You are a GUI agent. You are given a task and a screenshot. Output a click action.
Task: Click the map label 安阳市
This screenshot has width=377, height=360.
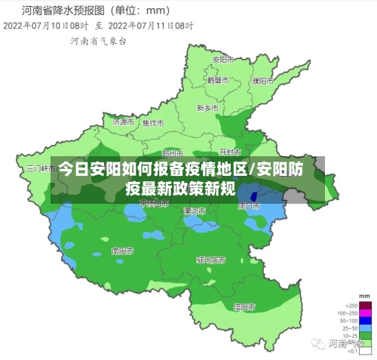click(221, 59)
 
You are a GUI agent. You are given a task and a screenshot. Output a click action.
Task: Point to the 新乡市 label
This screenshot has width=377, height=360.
click(207, 108)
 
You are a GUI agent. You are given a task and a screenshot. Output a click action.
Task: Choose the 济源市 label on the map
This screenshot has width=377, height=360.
click(122, 122)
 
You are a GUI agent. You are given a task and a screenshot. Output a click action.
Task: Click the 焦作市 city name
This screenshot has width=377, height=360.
click(153, 122)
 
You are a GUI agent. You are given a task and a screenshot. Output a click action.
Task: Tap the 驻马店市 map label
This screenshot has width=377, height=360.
click(211, 260)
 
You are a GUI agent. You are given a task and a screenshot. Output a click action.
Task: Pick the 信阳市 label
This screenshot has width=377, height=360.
click(244, 307)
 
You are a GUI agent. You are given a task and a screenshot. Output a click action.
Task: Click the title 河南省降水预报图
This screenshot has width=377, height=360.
click(66, 11)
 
